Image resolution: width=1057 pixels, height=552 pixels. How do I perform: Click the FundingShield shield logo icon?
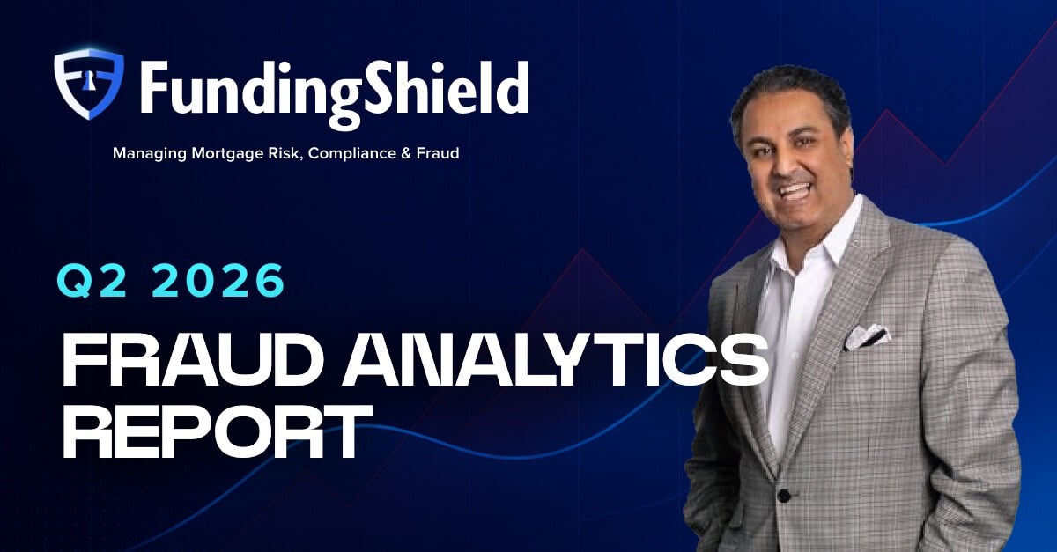89,84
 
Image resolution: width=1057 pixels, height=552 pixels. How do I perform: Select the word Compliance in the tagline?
352,153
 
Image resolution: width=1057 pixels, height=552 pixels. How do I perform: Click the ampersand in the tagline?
406,153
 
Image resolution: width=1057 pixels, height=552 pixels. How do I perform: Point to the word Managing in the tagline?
150,154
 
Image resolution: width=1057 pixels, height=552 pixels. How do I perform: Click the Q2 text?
92,280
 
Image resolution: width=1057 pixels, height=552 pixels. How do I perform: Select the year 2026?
218,280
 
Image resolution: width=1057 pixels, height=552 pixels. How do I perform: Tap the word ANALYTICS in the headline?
554,360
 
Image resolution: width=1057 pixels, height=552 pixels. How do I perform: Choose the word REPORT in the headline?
218,431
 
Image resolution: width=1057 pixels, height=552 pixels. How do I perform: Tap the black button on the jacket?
784,496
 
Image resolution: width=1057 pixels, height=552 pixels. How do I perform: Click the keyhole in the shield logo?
88,81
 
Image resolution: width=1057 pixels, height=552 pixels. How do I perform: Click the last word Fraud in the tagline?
438,153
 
